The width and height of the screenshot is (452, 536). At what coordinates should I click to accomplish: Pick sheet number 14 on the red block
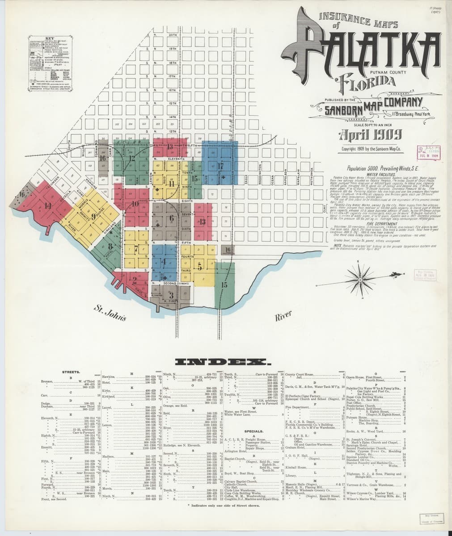(48, 205)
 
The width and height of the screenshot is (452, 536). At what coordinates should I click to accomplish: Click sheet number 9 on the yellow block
(93, 217)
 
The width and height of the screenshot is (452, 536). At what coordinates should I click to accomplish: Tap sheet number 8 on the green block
(110, 245)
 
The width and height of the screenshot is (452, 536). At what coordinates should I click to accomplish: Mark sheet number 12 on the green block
(131, 158)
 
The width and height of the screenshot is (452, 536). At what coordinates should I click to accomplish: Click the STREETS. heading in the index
(72, 372)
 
